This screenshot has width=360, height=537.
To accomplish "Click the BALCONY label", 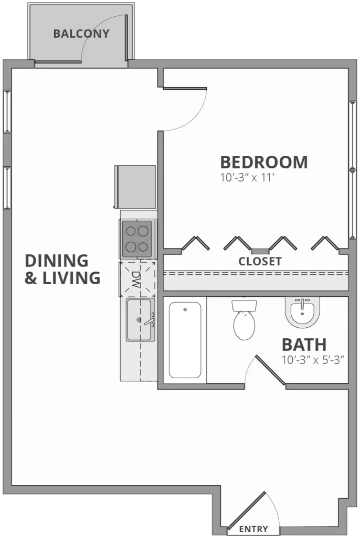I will [81, 34].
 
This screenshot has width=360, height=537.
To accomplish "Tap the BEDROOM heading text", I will [263, 162].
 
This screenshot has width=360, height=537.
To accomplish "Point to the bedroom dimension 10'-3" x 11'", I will [248, 178].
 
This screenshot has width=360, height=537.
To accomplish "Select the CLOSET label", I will [260, 261].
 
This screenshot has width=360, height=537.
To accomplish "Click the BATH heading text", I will [304, 345].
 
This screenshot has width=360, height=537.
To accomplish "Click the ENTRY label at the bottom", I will [253, 529].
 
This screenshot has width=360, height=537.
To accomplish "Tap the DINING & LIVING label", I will [62, 268].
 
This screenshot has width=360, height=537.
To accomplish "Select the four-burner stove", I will [137, 238].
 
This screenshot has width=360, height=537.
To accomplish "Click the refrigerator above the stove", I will [135, 187].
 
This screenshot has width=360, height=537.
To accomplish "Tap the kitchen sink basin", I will [139, 320].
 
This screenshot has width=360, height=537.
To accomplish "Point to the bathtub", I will [185, 339].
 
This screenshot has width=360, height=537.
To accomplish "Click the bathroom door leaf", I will [270, 371].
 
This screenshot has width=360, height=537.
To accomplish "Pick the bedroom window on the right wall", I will [352, 168].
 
